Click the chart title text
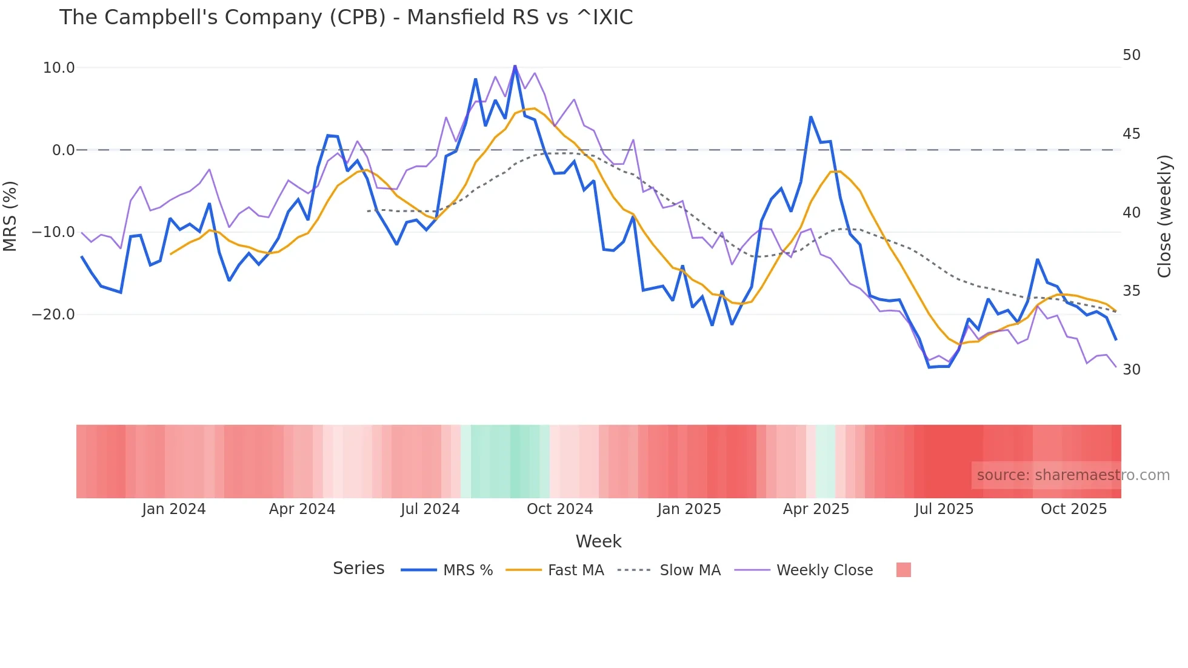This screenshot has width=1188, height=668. [x=345, y=18]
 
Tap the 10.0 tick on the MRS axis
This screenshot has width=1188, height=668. [x=59, y=68]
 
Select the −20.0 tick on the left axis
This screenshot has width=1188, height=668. [x=53, y=315]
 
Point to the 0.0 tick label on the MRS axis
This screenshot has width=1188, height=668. [x=63, y=150]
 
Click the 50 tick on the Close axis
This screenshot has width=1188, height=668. [x=1131, y=55]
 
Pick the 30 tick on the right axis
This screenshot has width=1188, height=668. [x=1131, y=370]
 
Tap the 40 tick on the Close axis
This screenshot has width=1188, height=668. [x=1131, y=213]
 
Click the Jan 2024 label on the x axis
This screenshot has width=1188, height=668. [x=173, y=509]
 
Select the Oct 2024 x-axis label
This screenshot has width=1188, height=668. [x=559, y=509]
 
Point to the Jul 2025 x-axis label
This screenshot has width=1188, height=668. [x=944, y=509]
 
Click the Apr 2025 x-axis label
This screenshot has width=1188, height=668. [x=816, y=509]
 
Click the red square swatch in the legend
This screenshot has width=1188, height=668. [x=903, y=570]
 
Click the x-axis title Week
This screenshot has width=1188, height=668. [x=598, y=541]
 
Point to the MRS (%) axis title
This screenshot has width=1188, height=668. [x=10, y=216]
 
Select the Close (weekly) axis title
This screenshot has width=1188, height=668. [x=1164, y=216]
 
